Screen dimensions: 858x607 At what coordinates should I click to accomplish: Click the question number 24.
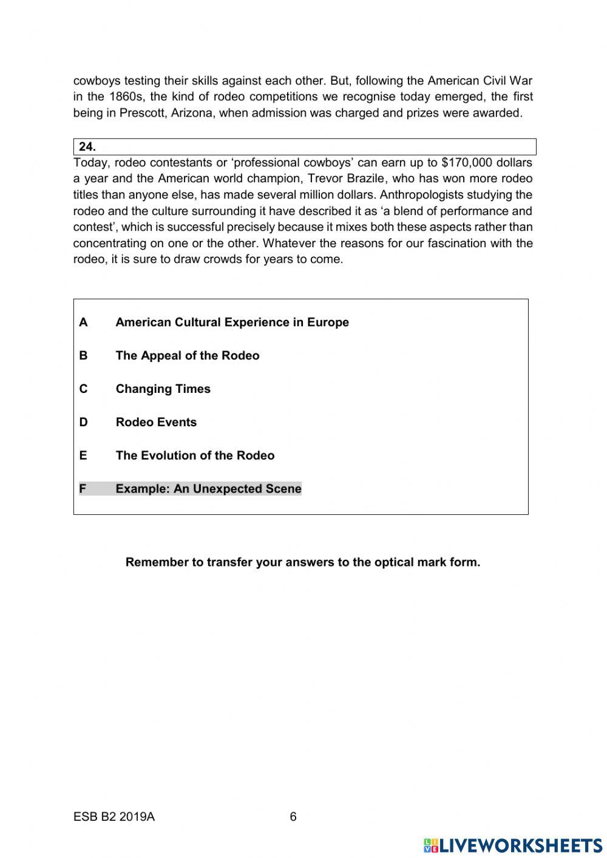tap(87, 147)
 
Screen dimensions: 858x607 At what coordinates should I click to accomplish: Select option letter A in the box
tap(83, 322)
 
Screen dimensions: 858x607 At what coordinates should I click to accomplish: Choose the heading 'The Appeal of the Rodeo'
tap(187, 356)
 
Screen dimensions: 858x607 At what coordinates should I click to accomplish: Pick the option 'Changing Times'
tap(163, 389)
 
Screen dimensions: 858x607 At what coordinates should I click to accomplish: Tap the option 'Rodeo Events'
tap(156, 423)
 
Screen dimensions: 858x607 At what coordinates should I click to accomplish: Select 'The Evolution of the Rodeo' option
tap(195, 456)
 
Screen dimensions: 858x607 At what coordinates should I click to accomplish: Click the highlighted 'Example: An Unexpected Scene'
tap(208, 489)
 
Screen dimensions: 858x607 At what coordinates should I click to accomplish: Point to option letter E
tap(83, 456)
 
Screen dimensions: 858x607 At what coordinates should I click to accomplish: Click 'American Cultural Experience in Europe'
tap(232, 322)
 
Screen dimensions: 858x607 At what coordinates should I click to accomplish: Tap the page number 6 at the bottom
tap(293, 817)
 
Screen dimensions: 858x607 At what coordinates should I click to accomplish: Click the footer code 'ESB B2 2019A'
tap(114, 817)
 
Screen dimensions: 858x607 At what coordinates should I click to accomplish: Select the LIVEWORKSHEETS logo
tap(513, 845)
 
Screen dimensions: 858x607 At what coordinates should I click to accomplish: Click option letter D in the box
tap(83, 423)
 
